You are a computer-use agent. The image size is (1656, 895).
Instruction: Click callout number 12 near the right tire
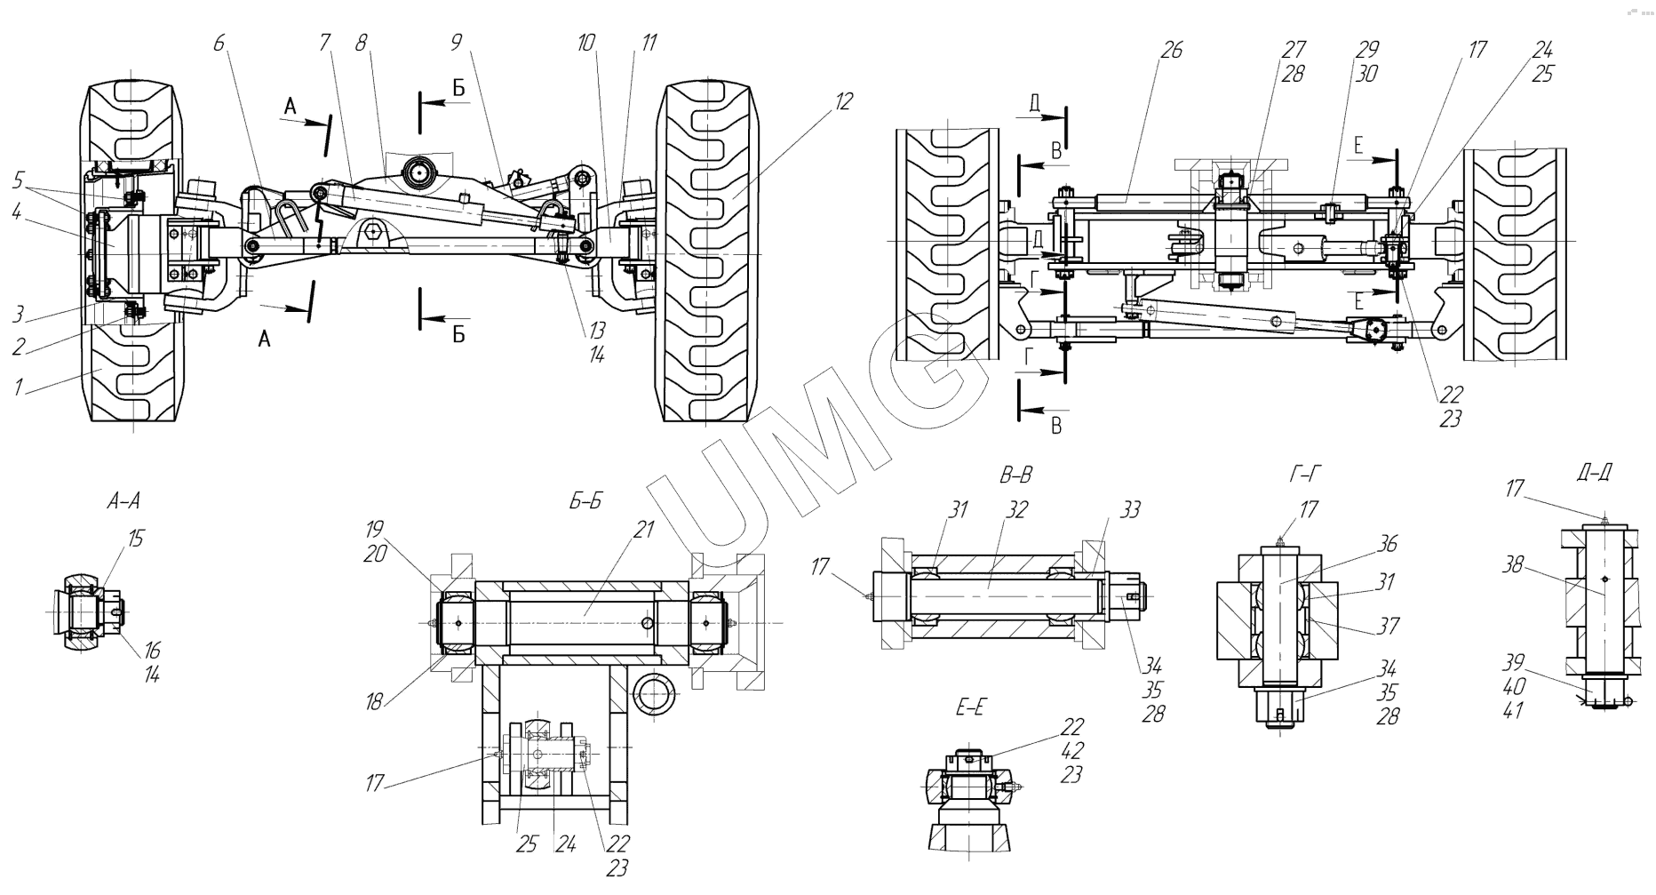843,101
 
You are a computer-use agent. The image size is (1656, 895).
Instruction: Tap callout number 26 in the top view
1172,50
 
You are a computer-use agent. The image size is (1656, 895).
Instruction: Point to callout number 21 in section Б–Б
643,530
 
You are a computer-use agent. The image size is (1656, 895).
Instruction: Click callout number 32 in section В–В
1017,510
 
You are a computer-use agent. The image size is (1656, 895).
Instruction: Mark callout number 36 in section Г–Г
1388,543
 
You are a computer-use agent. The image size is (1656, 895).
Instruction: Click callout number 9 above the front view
457,42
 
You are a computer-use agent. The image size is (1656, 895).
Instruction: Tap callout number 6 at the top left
219,42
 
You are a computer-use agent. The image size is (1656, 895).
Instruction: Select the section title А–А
123,501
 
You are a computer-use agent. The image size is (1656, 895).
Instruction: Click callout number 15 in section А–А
135,539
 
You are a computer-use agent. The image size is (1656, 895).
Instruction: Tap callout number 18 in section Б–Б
373,702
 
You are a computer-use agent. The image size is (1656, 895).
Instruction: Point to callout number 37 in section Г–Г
1388,626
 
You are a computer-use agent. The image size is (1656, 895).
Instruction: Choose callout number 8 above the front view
361,42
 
